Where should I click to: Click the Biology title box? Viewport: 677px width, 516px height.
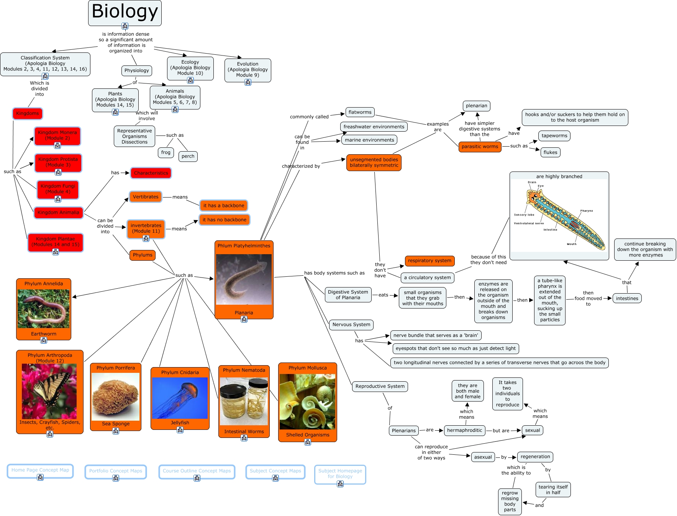tap(125, 12)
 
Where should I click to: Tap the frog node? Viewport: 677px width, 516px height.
tap(166, 152)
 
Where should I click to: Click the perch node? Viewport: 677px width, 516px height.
tap(188, 156)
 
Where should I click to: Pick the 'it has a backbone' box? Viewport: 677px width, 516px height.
tap(223, 206)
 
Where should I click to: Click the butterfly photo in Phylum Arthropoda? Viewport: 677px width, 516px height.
tap(49, 391)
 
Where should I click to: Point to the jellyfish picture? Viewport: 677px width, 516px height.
tap(180, 398)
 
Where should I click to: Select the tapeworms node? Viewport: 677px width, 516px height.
tap(554, 136)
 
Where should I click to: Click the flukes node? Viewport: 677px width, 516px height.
tap(550, 152)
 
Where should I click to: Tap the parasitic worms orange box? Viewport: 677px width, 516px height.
tap(480, 147)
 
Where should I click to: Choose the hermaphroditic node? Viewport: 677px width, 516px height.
tap(464, 430)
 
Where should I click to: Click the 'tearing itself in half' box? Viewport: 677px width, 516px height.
tap(553, 490)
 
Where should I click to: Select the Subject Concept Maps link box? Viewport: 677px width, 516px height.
tap(275, 471)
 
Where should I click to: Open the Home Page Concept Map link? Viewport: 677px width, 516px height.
tap(40, 470)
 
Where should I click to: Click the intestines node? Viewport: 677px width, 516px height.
tap(627, 299)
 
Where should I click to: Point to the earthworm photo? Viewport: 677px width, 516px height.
tap(44, 309)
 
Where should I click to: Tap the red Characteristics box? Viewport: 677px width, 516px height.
tap(151, 173)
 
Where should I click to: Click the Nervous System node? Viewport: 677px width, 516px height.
tap(351, 325)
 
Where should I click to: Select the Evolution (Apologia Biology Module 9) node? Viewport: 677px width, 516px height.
tap(248, 69)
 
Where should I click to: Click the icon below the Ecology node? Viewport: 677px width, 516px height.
tap(190, 80)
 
